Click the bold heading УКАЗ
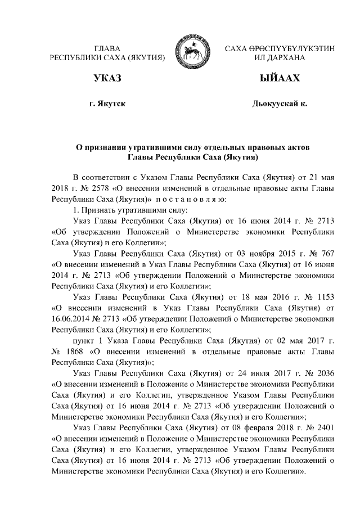(107, 78)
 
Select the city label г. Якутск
(107, 105)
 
